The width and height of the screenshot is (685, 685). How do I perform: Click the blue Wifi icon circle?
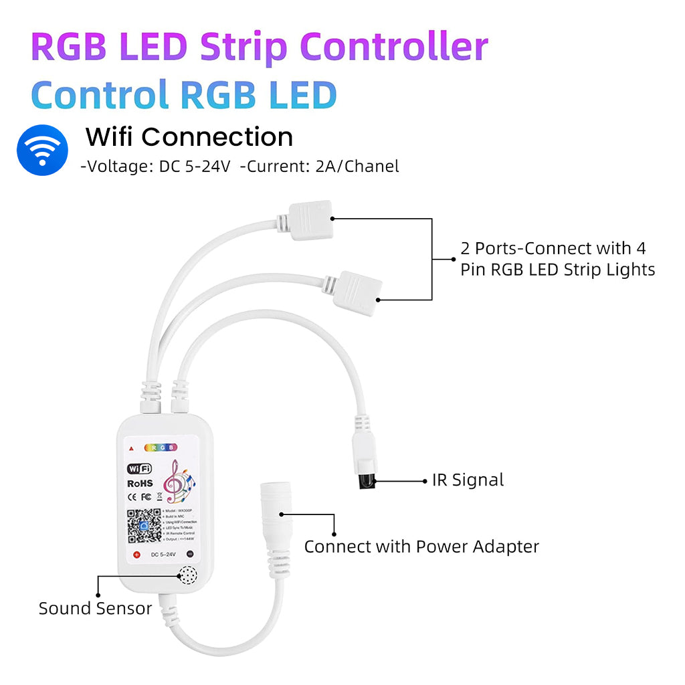(x=42, y=149)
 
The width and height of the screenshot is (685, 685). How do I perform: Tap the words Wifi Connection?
(x=189, y=137)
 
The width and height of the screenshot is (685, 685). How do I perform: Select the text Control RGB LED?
(x=183, y=95)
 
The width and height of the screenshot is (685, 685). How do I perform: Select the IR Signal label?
(x=468, y=480)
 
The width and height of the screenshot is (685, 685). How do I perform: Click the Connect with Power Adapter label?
(x=421, y=547)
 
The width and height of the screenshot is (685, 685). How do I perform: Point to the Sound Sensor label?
(x=95, y=609)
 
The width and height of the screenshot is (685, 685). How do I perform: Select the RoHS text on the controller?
(x=140, y=483)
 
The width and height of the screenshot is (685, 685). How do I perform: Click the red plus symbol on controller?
(x=136, y=555)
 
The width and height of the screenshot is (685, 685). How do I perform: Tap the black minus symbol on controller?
(x=189, y=555)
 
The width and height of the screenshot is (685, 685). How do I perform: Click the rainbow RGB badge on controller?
(x=162, y=447)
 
